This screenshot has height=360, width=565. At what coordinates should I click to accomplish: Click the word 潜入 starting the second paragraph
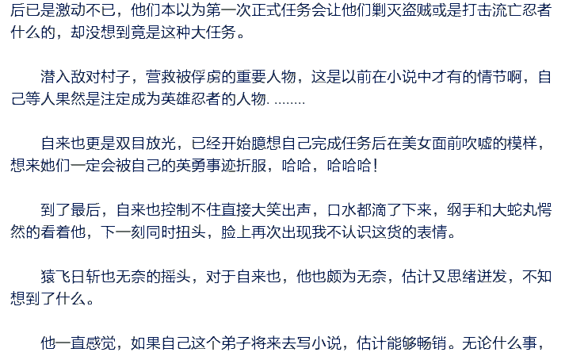55,76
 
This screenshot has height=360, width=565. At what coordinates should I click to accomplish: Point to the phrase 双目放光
146,144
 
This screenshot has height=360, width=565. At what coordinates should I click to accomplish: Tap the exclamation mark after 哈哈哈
376,166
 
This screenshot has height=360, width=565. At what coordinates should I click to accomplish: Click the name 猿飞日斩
71,277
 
